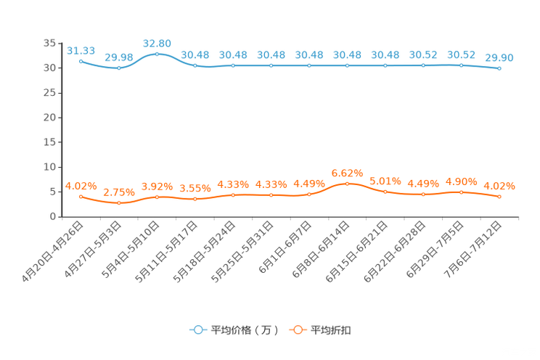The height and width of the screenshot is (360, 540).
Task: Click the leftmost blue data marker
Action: [81, 61]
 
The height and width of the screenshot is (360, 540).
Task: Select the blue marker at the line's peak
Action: [157, 54]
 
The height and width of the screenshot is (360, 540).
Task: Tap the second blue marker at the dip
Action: [119, 67]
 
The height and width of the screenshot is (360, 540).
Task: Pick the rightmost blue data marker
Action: [499, 68]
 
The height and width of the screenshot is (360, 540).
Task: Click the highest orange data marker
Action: [347, 184]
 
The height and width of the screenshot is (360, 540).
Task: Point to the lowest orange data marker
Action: [119, 203]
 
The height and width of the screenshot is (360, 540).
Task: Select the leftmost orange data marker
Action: [81, 197]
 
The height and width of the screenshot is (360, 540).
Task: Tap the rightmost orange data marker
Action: [499, 197]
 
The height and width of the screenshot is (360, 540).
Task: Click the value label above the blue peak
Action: [157, 43]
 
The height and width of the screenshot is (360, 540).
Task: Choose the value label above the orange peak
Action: [347, 173]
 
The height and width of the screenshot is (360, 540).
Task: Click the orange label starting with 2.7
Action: [118, 192]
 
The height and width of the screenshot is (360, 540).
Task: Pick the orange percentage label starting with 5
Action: [385, 181]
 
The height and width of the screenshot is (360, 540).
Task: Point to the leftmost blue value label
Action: [81, 50]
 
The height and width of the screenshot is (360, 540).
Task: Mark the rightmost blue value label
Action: [499, 57]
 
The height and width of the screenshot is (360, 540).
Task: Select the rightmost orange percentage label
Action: [499, 186]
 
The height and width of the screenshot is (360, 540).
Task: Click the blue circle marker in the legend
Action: [198, 330]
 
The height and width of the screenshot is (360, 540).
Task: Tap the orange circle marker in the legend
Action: [298, 330]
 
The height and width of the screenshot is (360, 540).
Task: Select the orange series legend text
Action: [332, 330]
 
